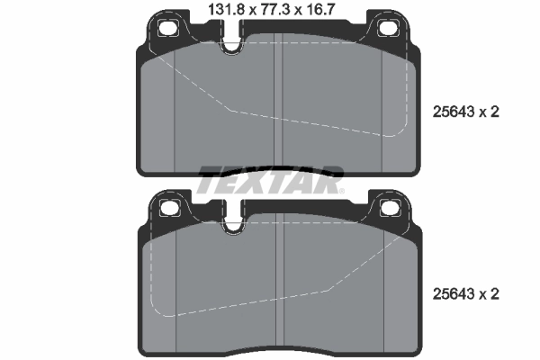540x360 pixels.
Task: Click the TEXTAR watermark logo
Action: (x=270, y=180)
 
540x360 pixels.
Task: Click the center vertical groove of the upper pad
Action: (x=283, y=108)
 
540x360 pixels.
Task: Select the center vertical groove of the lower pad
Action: (x=283, y=288)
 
